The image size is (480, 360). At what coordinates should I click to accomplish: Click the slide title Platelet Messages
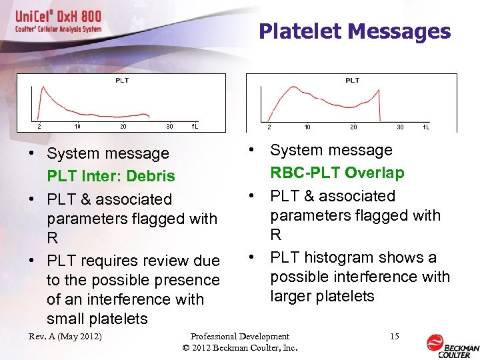[x=354, y=31]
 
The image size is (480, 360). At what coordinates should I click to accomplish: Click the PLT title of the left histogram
[x=122, y=81]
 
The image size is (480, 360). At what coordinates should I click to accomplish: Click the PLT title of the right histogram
[x=352, y=81]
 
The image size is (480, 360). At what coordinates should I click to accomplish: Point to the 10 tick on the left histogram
[x=77, y=126]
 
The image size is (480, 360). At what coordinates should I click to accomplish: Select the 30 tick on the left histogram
[x=169, y=126]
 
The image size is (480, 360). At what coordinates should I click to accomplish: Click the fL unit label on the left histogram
[x=195, y=126]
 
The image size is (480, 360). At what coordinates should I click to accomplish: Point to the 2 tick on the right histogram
[x=269, y=127]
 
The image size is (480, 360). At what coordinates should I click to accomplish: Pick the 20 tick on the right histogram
[x=353, y=127]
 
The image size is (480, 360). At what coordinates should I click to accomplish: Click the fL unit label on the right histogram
[x=426, y=127]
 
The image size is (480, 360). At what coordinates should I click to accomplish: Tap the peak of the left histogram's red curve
[x=44, y=87]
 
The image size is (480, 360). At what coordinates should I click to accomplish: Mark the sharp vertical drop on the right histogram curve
[x=379, y=107]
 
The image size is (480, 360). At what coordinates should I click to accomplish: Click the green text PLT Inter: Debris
[x=111, y=177]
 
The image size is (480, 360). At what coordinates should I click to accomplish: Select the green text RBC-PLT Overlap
[x=337, y=173]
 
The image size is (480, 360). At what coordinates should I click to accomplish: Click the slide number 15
[x=395, y=337]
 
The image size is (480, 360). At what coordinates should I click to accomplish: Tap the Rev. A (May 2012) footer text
[x=65, y=337]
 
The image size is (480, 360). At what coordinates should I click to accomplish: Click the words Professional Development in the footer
[x=240, y=337]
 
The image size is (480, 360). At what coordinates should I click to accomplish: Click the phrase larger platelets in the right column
[x=322, y=296]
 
